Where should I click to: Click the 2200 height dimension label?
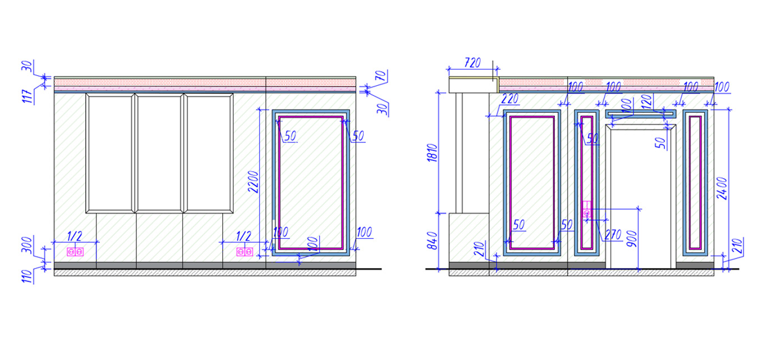(x=254, y=182)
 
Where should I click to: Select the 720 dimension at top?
(x=472, y=63)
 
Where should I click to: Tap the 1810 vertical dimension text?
(x=433, y=153)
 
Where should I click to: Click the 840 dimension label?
(x=433, y=241)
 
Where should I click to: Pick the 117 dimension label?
(x=29, y=96)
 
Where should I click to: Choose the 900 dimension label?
(x=632, y=239)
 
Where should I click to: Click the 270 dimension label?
(x=613, y=235)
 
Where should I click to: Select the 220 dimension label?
(x=510, y=99)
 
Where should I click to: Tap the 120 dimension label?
(x=646, y=102)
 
